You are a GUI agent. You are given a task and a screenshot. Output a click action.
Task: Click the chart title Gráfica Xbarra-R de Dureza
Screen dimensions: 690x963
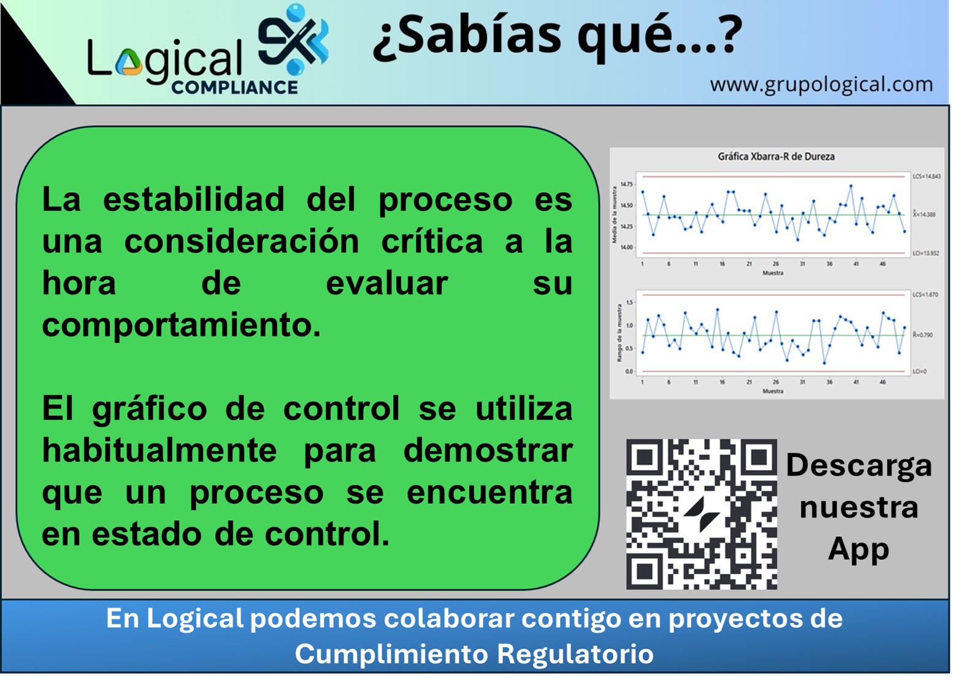(776, 156)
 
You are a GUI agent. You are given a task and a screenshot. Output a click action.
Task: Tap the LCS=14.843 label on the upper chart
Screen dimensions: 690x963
(926, 177)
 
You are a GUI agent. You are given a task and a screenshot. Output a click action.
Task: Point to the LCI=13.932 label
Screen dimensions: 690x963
(926, 253)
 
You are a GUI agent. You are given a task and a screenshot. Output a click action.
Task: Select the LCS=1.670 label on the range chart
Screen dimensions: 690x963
(925, 295)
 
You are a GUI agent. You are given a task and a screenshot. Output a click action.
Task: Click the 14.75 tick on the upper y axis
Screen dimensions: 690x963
(626, 184)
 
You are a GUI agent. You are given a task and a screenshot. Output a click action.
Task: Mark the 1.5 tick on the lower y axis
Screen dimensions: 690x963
(629, 303)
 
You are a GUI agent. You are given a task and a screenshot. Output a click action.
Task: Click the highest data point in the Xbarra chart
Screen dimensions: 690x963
(851, 186)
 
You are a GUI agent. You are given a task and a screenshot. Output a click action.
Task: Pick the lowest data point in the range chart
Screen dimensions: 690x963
(824, 363)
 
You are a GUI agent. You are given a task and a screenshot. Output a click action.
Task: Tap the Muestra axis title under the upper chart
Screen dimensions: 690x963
(773, 273)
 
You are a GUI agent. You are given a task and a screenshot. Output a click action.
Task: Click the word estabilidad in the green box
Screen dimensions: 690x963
(194, 199)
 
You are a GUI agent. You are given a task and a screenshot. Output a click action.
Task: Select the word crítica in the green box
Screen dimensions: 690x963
(432, 241)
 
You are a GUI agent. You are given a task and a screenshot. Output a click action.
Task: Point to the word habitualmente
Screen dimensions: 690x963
(159, 451)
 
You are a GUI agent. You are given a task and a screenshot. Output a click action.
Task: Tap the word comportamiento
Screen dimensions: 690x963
(180, 324)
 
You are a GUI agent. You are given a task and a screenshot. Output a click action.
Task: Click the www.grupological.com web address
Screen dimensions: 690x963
(821, 84)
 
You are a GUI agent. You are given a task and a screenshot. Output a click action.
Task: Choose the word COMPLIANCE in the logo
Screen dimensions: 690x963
(234, 88)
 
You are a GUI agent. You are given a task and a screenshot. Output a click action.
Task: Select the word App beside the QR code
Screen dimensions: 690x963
(858, 548)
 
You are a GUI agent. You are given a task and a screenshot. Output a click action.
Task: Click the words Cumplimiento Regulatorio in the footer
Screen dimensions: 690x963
(474, 654)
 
